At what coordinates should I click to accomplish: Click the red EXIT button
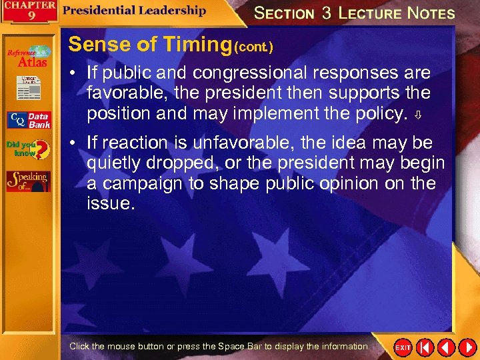point(403,347)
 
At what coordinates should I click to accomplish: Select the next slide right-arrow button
point(466,347)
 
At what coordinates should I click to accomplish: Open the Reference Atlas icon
point(28,57)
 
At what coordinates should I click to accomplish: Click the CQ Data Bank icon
point(28,120)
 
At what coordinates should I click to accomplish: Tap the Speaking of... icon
point(28,181)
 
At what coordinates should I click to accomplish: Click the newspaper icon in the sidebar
point(28,87)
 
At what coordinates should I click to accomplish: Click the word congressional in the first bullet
point(269,73)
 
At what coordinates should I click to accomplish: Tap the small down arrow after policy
point(417,115)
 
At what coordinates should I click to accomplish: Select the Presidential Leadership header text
point(135,10)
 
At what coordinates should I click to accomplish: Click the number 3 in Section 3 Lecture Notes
point(327,13)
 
